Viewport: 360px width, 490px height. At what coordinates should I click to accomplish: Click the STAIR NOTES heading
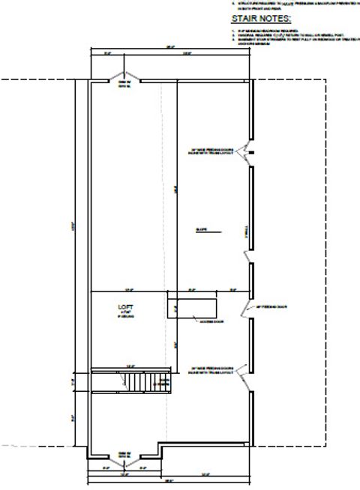(260, 18)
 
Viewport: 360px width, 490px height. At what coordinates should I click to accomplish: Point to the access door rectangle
(192, 308)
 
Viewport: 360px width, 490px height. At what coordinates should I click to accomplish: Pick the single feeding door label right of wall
(268, 306)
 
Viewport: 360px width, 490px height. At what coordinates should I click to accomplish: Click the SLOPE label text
(202, 231)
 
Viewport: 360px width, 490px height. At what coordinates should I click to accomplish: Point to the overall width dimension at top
(170, 49)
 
